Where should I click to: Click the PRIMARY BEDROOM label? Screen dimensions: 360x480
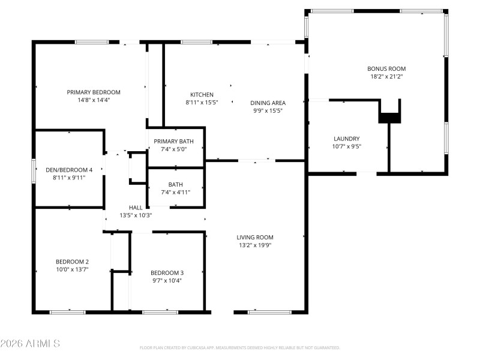point(94,92)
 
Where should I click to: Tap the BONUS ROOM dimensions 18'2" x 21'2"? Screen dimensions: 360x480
point(386,77)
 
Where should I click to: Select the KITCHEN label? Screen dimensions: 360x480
point(202,95)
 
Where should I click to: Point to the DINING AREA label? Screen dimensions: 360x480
point(268,103)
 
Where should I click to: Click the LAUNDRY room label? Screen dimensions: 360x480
point(346,138)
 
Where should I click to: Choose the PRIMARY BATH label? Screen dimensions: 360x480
point(175,141)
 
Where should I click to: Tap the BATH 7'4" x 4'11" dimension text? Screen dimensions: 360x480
point(176,192)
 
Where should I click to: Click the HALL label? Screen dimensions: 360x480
point(136,207)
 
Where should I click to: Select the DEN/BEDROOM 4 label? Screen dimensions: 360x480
point(70,170)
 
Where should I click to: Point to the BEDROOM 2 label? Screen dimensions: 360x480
point(72,262)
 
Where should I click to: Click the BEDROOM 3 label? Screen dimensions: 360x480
point(167,273)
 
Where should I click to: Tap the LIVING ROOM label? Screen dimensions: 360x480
point(255,237)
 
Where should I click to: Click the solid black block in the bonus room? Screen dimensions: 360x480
point(389,118)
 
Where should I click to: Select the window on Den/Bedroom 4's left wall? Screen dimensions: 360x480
point(34,169)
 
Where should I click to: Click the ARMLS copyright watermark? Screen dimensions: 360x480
point(30,344)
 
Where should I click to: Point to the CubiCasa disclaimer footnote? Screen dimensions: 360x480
point(240,347)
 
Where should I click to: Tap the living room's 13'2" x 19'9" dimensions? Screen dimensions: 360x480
point(255,245)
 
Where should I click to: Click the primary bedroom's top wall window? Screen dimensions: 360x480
point(92,42)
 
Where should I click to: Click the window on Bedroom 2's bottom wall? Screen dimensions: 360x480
point(67,312)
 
